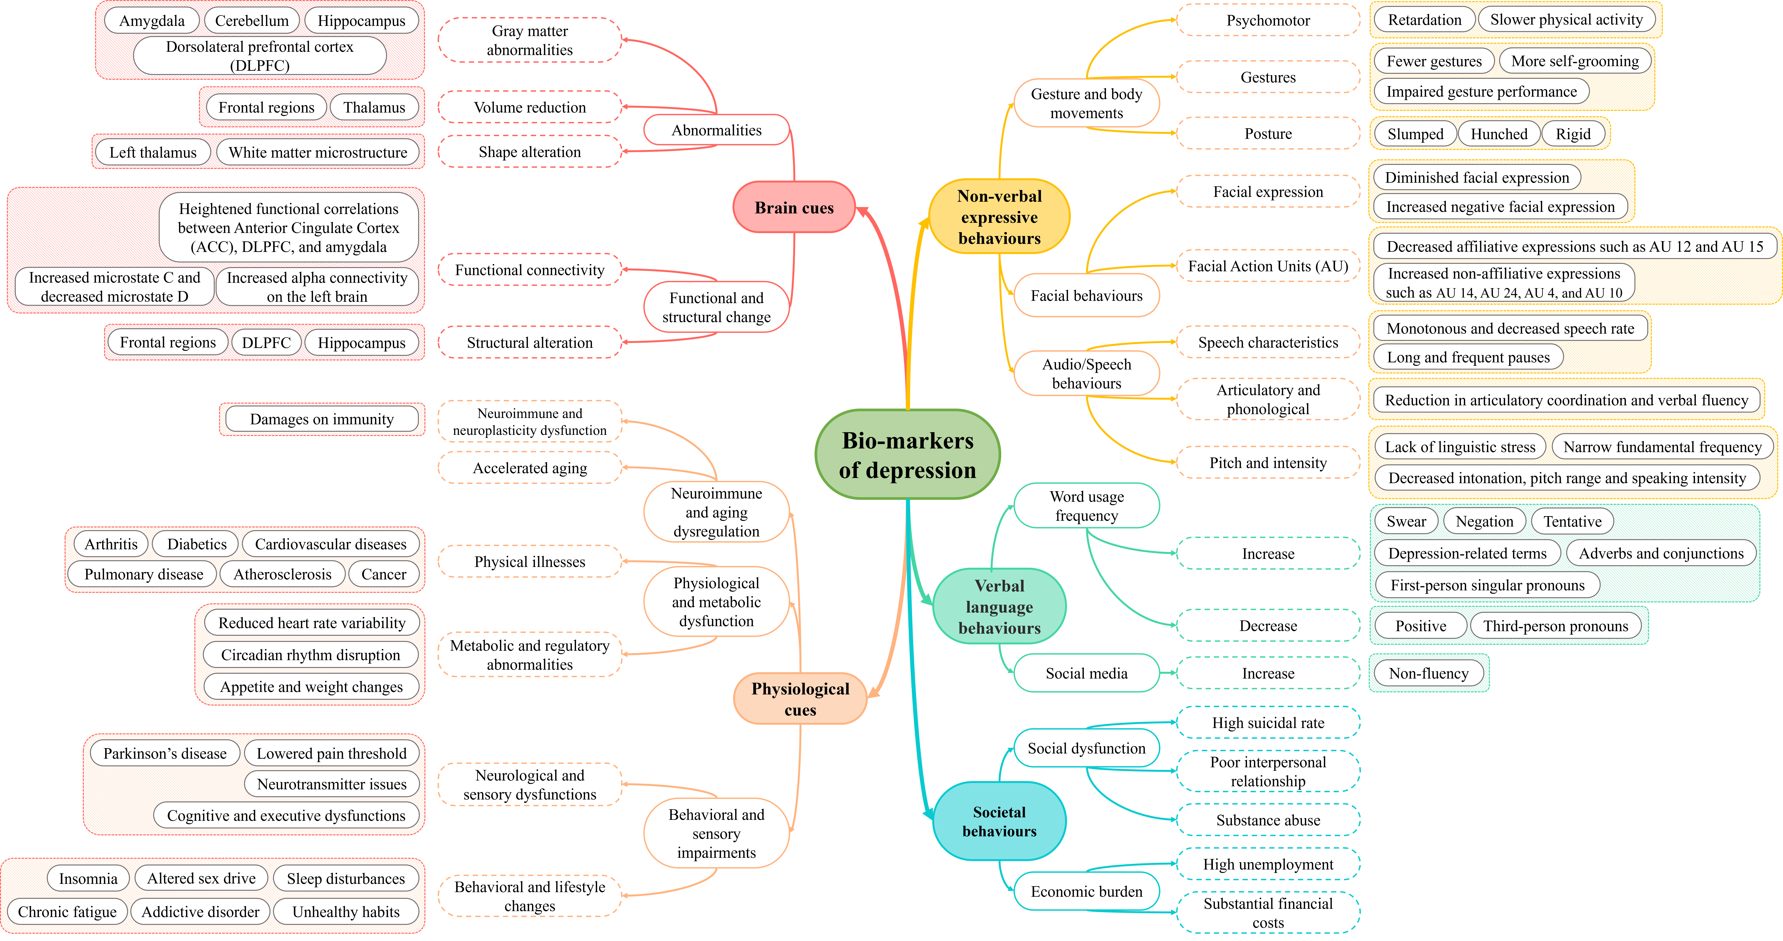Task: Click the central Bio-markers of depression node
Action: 908,455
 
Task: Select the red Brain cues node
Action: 794,208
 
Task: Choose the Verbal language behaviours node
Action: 999,607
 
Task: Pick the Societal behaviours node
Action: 999,821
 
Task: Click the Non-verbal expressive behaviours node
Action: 999,217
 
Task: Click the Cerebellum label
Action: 252,21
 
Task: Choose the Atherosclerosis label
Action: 282,574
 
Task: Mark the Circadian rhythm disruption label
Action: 311,655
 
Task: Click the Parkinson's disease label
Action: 165,753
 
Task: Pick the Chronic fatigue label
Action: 67,912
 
